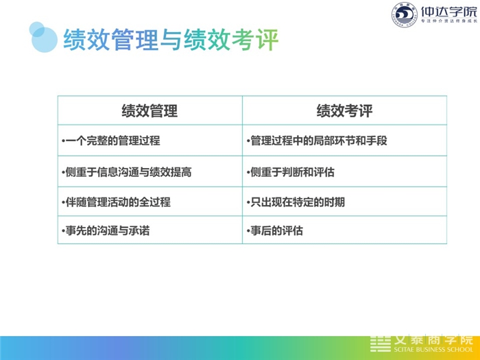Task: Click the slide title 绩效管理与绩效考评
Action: pos(171,40)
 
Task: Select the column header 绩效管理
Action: pos(149,111)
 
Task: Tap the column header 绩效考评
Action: pos(344,111)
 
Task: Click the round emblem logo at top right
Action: pos(405,14)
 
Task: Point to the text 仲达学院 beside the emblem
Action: pos(448,12)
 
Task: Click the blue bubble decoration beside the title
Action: pos(43,37)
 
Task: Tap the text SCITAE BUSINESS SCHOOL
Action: pos(433,350)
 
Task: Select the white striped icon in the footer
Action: pos(380,344)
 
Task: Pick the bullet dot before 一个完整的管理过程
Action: pos(63,141)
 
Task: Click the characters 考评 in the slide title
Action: pos(254,40)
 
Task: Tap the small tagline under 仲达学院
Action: pos(449,21)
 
